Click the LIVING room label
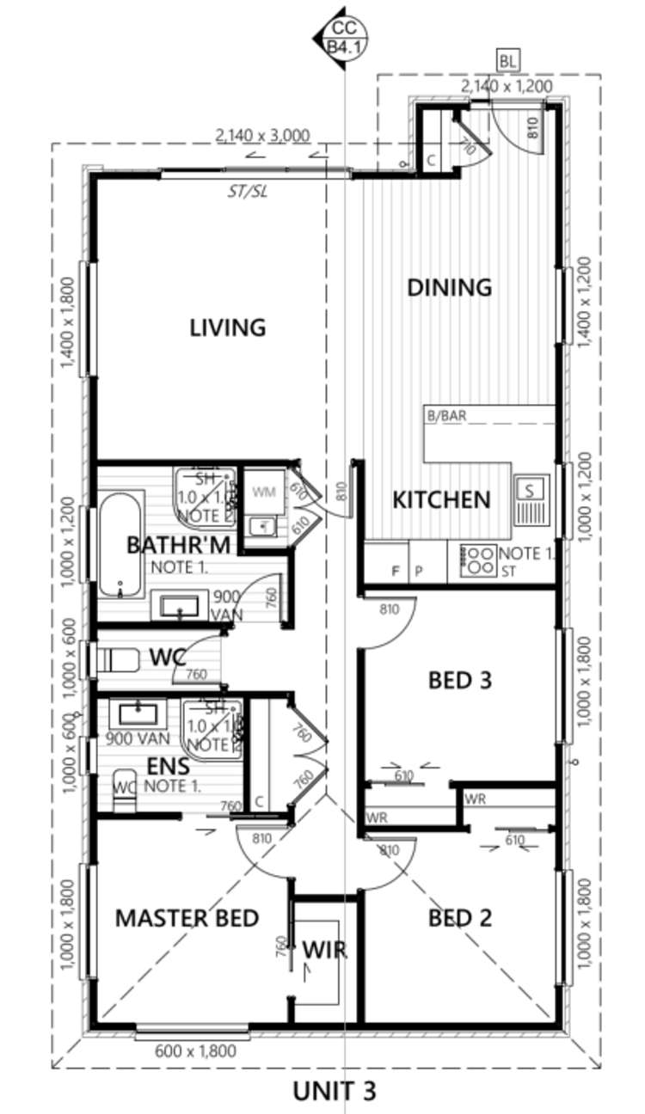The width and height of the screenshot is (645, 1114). click(x=227, y=327)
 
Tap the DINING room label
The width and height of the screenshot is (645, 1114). click(x=449, y=287)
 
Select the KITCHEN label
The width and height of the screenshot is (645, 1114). click(x=441, y=499)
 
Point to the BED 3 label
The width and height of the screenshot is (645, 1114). click(x=460, y=681)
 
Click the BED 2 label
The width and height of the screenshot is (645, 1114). click(x=460, y=919)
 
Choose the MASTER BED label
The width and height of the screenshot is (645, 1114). click(x=187, y=918)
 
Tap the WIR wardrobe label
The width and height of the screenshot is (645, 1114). click(x=324, y=949)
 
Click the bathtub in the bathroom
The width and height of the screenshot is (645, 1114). click(x=120, y=544)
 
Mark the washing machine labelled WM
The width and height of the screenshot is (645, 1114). click(x=263, y=493)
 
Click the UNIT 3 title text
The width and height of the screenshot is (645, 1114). click(x=335, y=1092)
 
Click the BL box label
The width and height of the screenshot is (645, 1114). click(x=508, y=61)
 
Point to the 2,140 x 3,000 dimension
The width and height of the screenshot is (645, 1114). click(x=262, y=135)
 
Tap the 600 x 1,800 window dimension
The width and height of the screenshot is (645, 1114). click(x=195, y=1050)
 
